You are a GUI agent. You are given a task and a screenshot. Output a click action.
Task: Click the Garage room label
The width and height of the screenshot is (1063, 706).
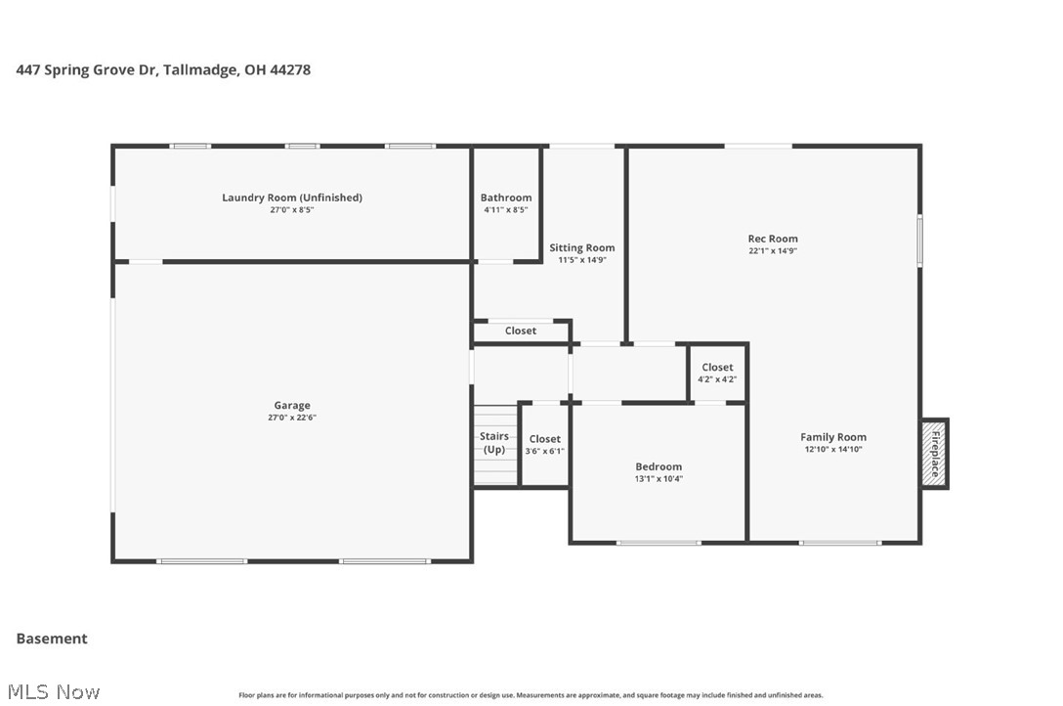point(291,406)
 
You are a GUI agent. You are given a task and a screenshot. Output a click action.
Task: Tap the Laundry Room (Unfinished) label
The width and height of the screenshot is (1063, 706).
point(291,198)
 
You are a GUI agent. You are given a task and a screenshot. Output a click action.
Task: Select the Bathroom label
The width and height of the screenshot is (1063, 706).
point(506,198)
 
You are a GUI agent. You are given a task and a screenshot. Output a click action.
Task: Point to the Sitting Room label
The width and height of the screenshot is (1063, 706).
point(581,247)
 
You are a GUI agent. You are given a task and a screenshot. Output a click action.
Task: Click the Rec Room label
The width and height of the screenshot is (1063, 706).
point(773,239)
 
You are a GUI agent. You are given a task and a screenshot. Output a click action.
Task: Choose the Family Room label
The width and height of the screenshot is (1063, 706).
point(832,437)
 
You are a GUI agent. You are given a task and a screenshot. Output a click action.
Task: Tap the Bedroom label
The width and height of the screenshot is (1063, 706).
point(659,466)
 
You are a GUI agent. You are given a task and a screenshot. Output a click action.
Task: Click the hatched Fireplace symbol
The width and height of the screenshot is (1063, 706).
point(934,454)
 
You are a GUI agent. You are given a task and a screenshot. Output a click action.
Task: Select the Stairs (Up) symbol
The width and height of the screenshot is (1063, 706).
point(494,445)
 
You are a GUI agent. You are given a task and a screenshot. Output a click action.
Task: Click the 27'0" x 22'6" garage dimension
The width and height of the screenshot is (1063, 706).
point(291,418)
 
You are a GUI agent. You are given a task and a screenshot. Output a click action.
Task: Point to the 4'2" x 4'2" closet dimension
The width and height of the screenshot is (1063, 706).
point(717,379)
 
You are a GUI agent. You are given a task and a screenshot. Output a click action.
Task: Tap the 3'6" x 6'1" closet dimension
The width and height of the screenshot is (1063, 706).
point(544,451)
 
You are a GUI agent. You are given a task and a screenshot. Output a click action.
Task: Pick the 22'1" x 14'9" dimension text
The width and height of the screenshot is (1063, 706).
point(773,250)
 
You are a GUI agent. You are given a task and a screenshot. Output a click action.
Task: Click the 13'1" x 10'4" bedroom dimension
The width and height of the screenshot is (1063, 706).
point(659,479)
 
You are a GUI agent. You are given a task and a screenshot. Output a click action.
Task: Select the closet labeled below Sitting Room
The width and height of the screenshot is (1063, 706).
point(521,331)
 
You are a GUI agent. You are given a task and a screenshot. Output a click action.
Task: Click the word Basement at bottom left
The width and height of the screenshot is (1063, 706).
point(52,639)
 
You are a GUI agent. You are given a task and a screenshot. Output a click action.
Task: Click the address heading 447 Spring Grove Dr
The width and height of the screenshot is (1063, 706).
point(163,69)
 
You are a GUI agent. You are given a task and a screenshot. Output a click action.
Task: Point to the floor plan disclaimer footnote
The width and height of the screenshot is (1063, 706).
point(531,695)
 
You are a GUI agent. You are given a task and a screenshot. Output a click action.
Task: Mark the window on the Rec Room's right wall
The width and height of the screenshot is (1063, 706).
point(919,240)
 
